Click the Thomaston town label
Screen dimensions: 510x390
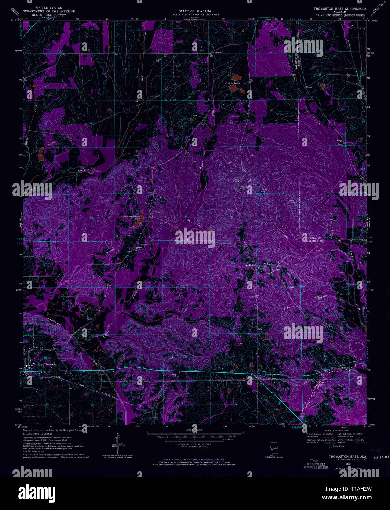tap(50, 364)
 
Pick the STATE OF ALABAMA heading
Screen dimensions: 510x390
tap(194, 11)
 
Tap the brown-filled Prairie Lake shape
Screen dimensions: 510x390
tap(236, 77)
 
